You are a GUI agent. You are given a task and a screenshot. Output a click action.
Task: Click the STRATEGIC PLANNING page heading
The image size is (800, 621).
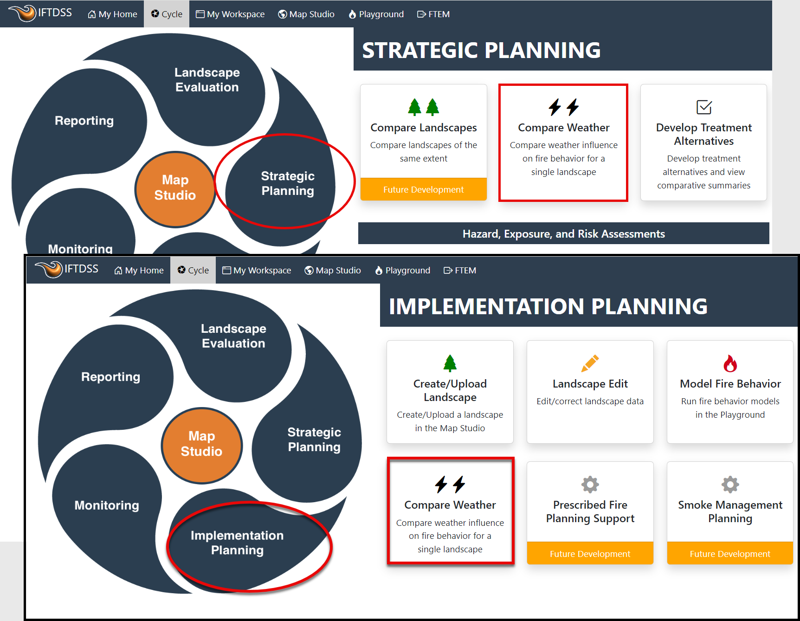click(481, 50)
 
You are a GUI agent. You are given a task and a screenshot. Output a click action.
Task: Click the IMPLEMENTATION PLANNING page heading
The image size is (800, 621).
click(548, 306)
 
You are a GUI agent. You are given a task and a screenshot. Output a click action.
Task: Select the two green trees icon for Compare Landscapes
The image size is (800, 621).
click(424, 107)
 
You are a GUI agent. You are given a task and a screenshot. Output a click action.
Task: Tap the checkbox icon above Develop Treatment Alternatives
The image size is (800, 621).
click(704, 107)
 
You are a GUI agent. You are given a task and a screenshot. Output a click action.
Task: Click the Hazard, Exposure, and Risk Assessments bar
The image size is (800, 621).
click(563, 233)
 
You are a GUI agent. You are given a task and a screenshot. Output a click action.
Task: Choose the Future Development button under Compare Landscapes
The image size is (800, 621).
click(424, 189)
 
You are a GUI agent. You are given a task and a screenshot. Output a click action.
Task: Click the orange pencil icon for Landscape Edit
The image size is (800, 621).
click(590, 363)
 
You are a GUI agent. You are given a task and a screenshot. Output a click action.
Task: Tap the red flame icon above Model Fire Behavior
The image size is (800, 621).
click(730, 363)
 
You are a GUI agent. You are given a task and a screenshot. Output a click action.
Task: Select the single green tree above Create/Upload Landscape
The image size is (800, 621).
click(450, 363)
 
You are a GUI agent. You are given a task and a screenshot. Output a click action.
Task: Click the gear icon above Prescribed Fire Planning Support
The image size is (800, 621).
click(590, 485)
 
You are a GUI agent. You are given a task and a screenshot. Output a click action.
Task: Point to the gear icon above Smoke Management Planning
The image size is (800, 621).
click(730, 485)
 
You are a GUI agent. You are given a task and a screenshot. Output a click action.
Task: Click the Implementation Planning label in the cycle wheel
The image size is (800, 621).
click(237, 543)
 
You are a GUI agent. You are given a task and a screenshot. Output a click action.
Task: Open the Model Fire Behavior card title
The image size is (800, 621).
click(730, 384)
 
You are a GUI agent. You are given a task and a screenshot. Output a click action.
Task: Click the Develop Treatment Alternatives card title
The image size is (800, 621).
click(704, 134)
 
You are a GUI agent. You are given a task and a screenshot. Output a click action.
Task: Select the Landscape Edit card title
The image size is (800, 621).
click(590, 384)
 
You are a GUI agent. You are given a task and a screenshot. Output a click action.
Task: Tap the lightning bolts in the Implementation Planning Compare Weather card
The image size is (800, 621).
click(450, 485)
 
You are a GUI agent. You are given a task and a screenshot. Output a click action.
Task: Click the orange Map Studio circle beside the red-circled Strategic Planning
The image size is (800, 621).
click(175, 189)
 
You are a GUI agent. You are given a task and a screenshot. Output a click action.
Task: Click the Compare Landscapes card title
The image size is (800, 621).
click(424, 128)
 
